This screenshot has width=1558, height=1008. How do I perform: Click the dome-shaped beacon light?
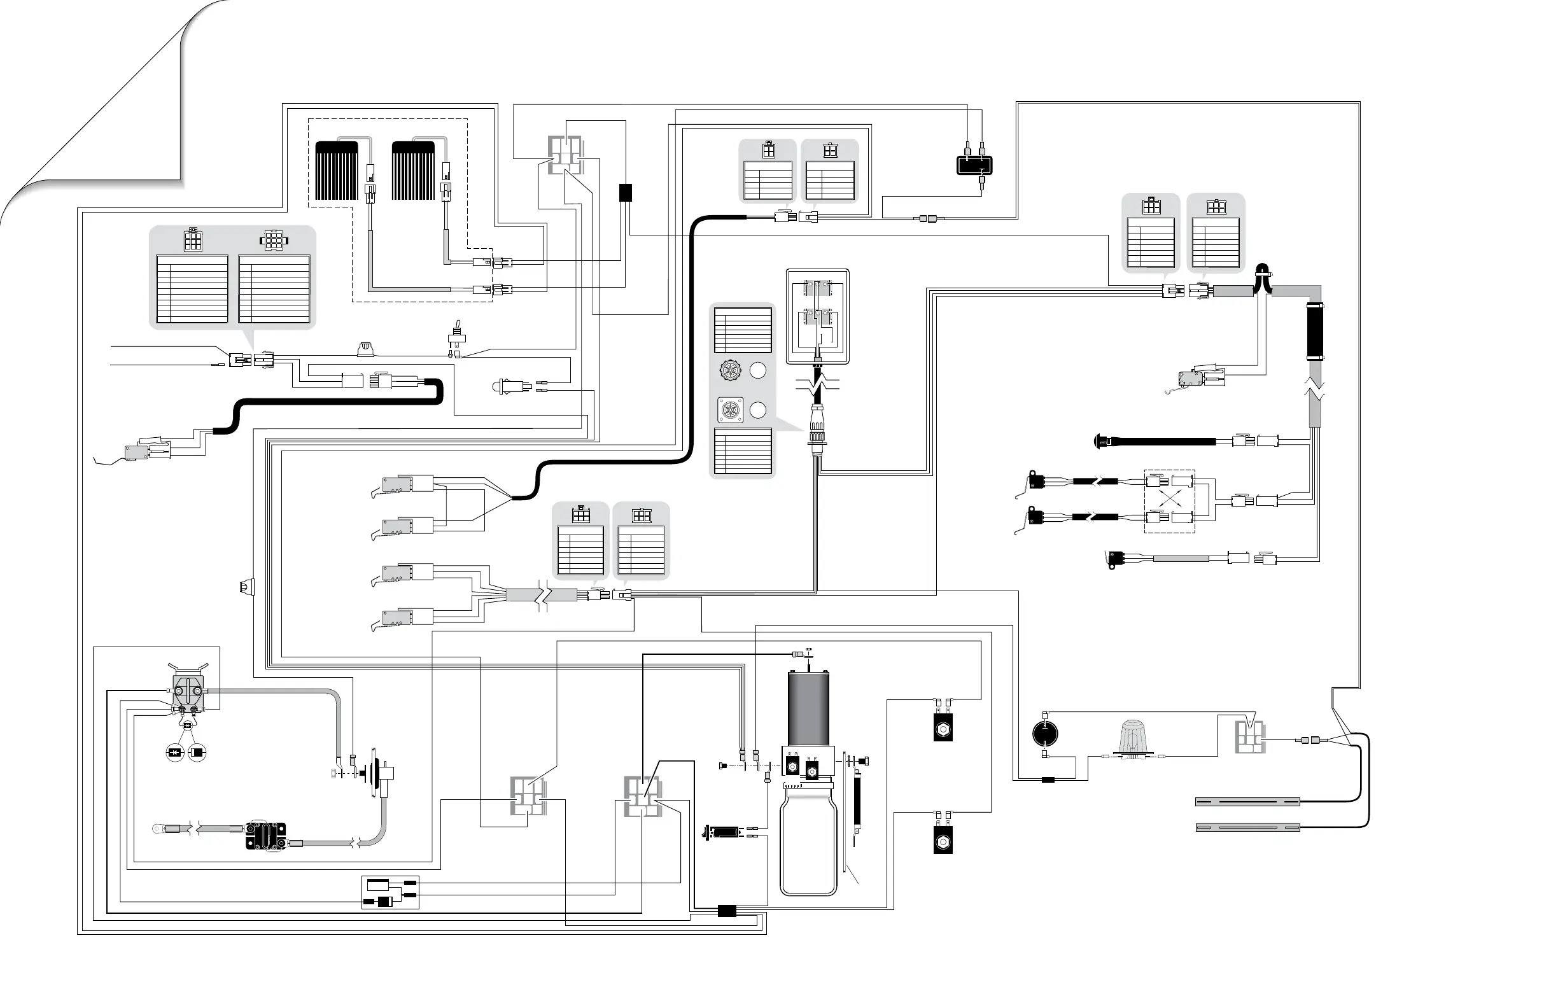pos(1132,738)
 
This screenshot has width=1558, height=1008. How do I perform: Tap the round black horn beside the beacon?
pos(1045,733)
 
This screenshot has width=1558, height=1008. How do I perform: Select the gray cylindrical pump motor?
pos(808,709)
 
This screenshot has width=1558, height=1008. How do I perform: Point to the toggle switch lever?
pos(453,326)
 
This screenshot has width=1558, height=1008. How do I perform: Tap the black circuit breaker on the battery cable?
pos(266,835)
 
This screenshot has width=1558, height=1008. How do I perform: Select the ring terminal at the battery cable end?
pos(158,829)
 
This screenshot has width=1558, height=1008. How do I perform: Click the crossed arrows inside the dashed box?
pos(1170,501)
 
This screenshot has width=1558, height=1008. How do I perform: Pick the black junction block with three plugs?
pos(974,164)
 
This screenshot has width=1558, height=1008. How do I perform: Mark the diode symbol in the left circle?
pos(174,753)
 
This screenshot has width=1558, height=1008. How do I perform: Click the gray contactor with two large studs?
pos(188,694)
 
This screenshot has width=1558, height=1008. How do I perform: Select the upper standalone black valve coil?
pos(943,728)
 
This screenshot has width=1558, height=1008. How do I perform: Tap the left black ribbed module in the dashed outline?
pos(337,171)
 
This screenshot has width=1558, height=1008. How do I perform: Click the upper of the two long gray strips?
pos(1247,802)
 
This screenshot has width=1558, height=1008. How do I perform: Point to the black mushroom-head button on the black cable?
pos(1100,441)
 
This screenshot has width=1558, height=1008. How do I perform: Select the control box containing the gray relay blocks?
pos(818,316)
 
